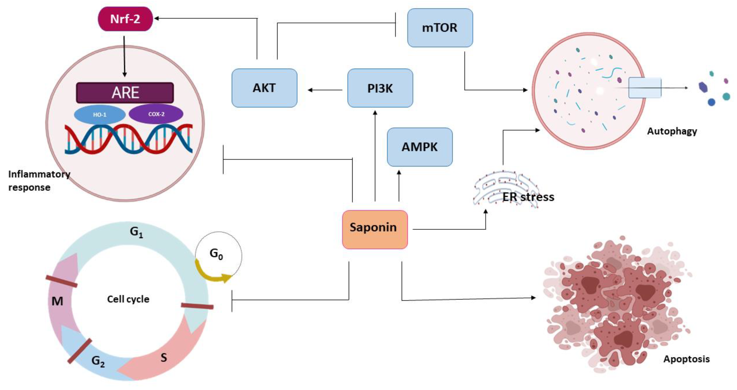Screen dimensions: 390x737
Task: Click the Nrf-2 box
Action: (x=125, y=19)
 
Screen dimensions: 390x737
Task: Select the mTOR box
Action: (x=440, y=28)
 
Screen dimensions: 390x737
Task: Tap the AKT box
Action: (x=264, y=88)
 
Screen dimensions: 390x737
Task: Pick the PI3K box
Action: (x=380, y=88)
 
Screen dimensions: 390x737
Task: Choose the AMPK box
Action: (x=419, y=147)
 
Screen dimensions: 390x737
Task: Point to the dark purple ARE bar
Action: (x=125, y=93)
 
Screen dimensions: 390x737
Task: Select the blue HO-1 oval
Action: (x=100, y=115)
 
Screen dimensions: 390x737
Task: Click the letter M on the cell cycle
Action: (x=57, y=301)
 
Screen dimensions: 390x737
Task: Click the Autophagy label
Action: (x=672, y=131)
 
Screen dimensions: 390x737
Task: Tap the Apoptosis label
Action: (x=686, y=359)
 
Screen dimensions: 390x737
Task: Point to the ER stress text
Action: (x=528, y=197)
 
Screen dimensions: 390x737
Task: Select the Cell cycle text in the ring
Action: (x=128, y=299)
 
